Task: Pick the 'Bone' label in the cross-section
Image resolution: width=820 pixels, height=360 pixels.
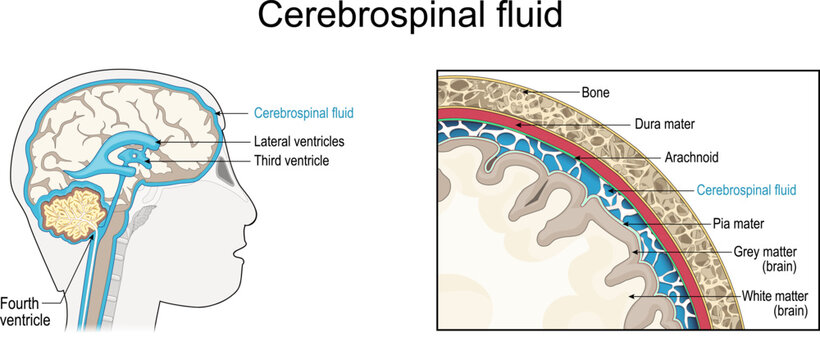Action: point(594,92)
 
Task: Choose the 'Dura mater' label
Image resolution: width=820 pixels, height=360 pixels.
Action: point(638,126)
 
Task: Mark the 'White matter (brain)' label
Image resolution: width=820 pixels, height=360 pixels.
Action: point(775,303)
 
